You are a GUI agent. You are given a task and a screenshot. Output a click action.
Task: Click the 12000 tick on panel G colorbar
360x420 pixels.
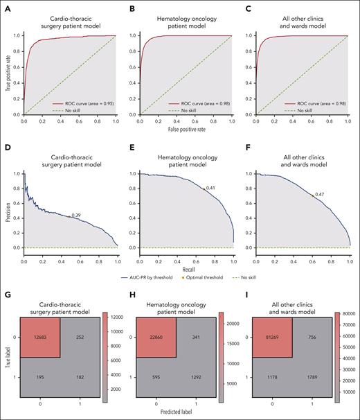click(x=116, y=315)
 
